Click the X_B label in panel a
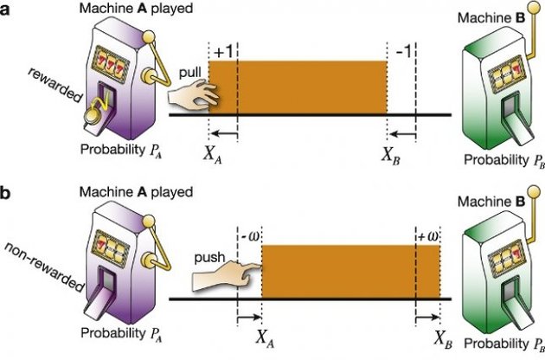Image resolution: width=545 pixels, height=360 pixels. [393, 157]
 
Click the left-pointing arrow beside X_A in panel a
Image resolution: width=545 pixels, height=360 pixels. [223, 134]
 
